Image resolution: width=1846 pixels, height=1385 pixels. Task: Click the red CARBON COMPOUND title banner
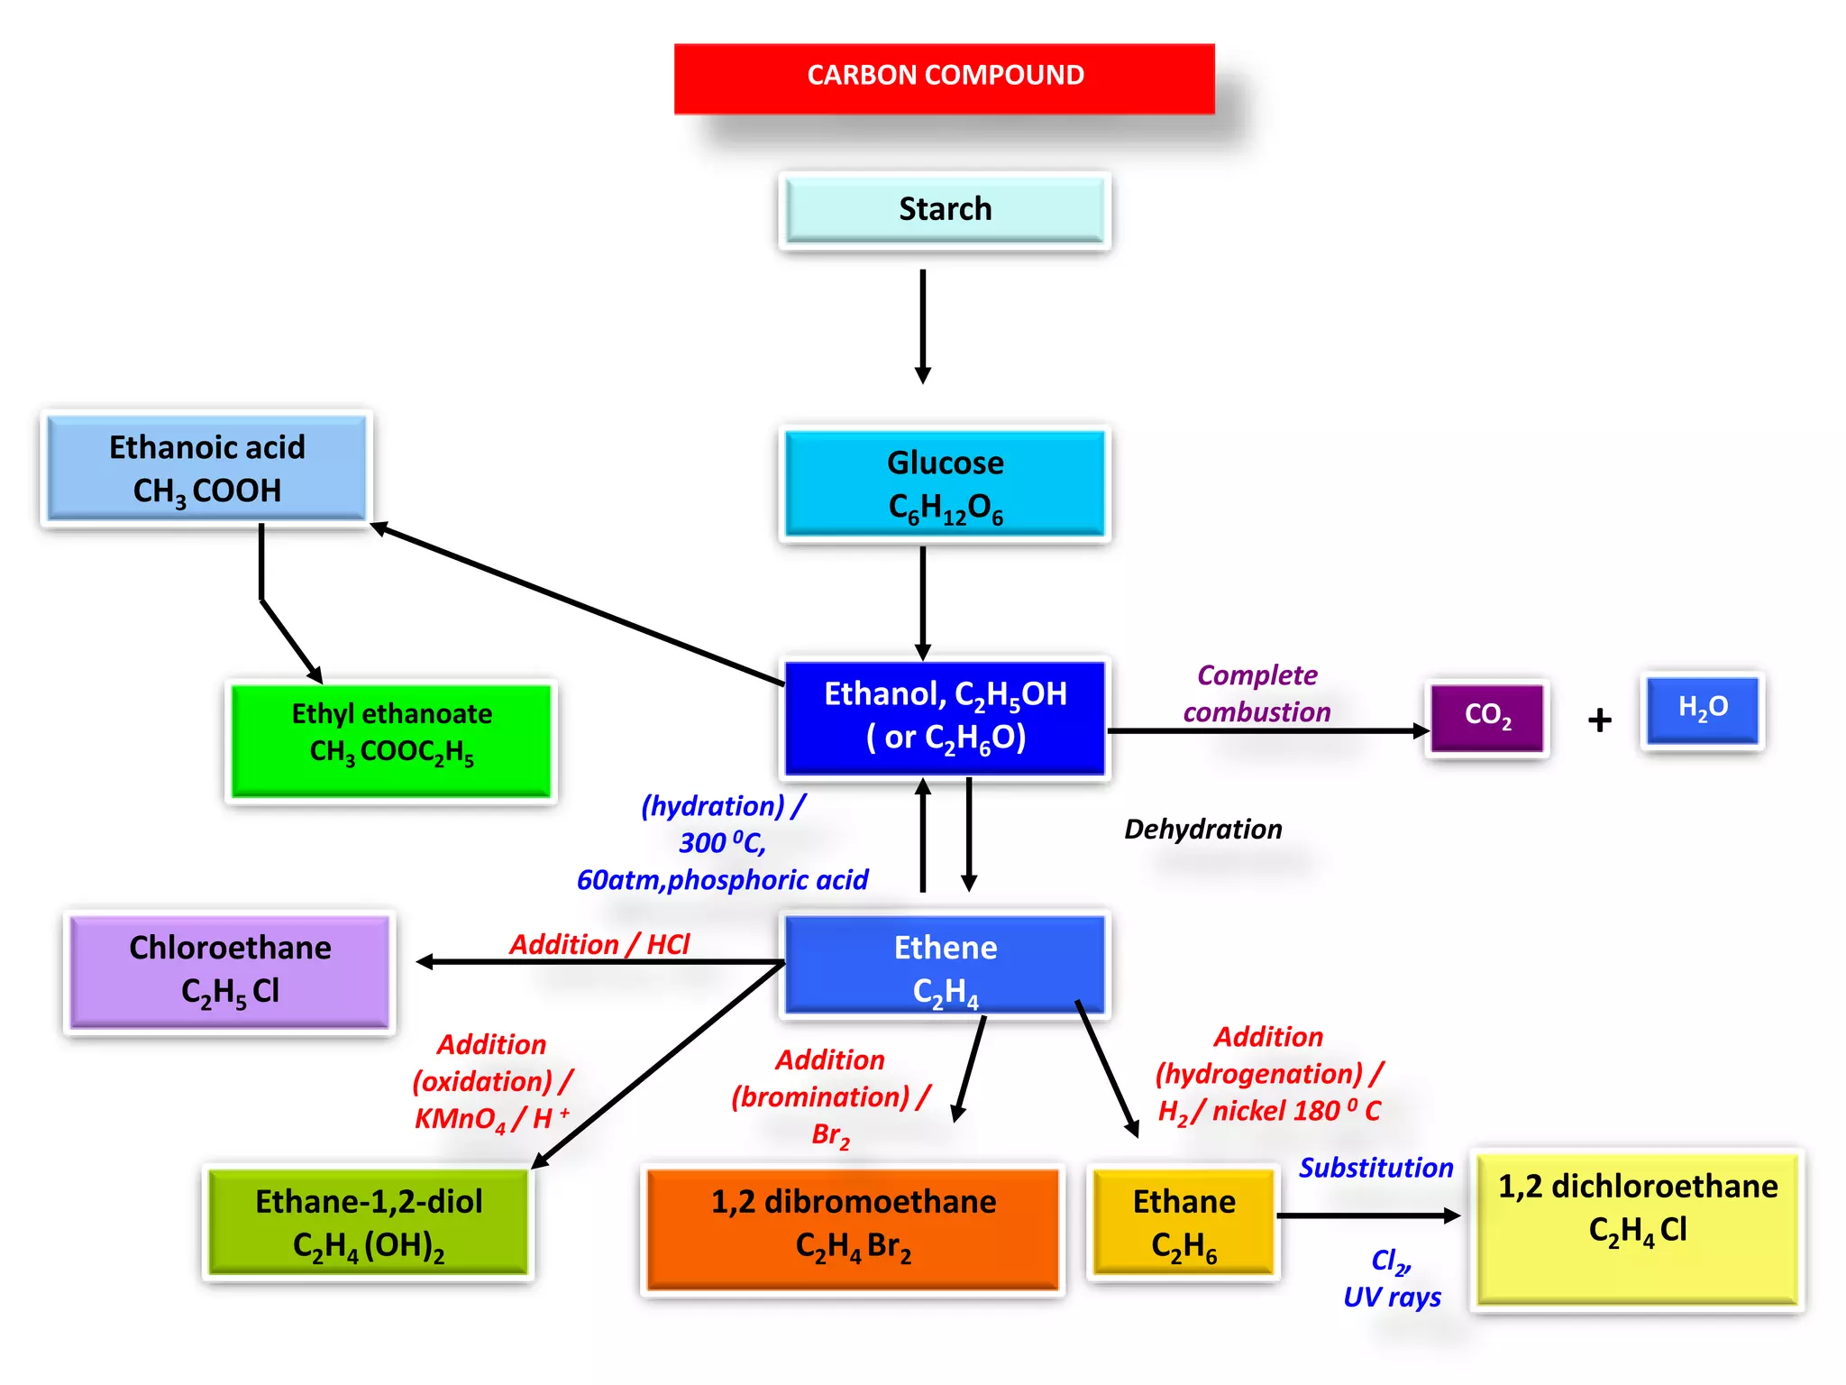point(944,78)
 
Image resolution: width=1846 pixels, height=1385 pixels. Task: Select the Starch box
point(944,209)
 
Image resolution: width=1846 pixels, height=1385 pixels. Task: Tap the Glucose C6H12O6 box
point(944,484)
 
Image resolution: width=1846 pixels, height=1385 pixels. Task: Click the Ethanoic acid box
point(206,468)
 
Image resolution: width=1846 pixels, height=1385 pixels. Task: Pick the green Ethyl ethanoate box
point(391,739)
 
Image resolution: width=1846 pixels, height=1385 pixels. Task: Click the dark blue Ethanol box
point(944,717)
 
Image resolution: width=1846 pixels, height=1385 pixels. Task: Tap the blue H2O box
point(1702,710)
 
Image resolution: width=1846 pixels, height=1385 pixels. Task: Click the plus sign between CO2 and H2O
point(1599,720)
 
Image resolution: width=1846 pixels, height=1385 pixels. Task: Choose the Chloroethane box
point(230,970)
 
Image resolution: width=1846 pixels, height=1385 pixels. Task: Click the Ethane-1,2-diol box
point(368,1223)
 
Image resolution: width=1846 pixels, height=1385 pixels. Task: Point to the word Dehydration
point(1202,830)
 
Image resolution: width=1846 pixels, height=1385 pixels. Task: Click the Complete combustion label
point(1257,693)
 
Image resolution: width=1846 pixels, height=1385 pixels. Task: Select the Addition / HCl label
point(599,944)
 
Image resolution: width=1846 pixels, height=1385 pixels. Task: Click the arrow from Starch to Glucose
point(922,325)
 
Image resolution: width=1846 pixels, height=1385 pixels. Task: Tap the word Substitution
point(1375,1168)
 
